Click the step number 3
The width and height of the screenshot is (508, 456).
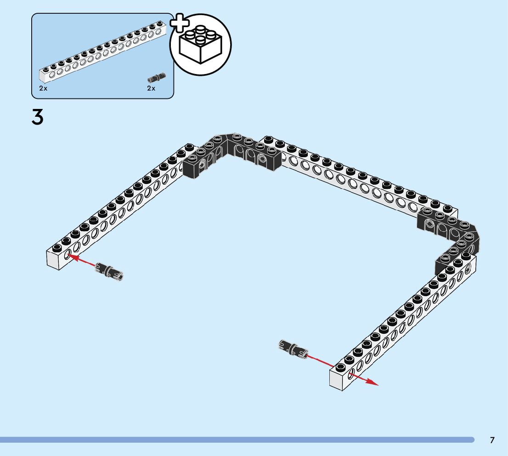click(x=38, y=118)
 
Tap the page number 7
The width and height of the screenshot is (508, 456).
click(x=492, y=440)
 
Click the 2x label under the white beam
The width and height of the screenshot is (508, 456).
click(x=43, y=88)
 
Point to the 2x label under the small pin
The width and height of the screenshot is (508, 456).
click(x=151, y=88)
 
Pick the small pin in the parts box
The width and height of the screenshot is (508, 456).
click(x=157, y=77)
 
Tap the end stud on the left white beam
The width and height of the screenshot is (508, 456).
click(x=57, y=248)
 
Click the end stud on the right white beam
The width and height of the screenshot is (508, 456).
click(x=340, y=368)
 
